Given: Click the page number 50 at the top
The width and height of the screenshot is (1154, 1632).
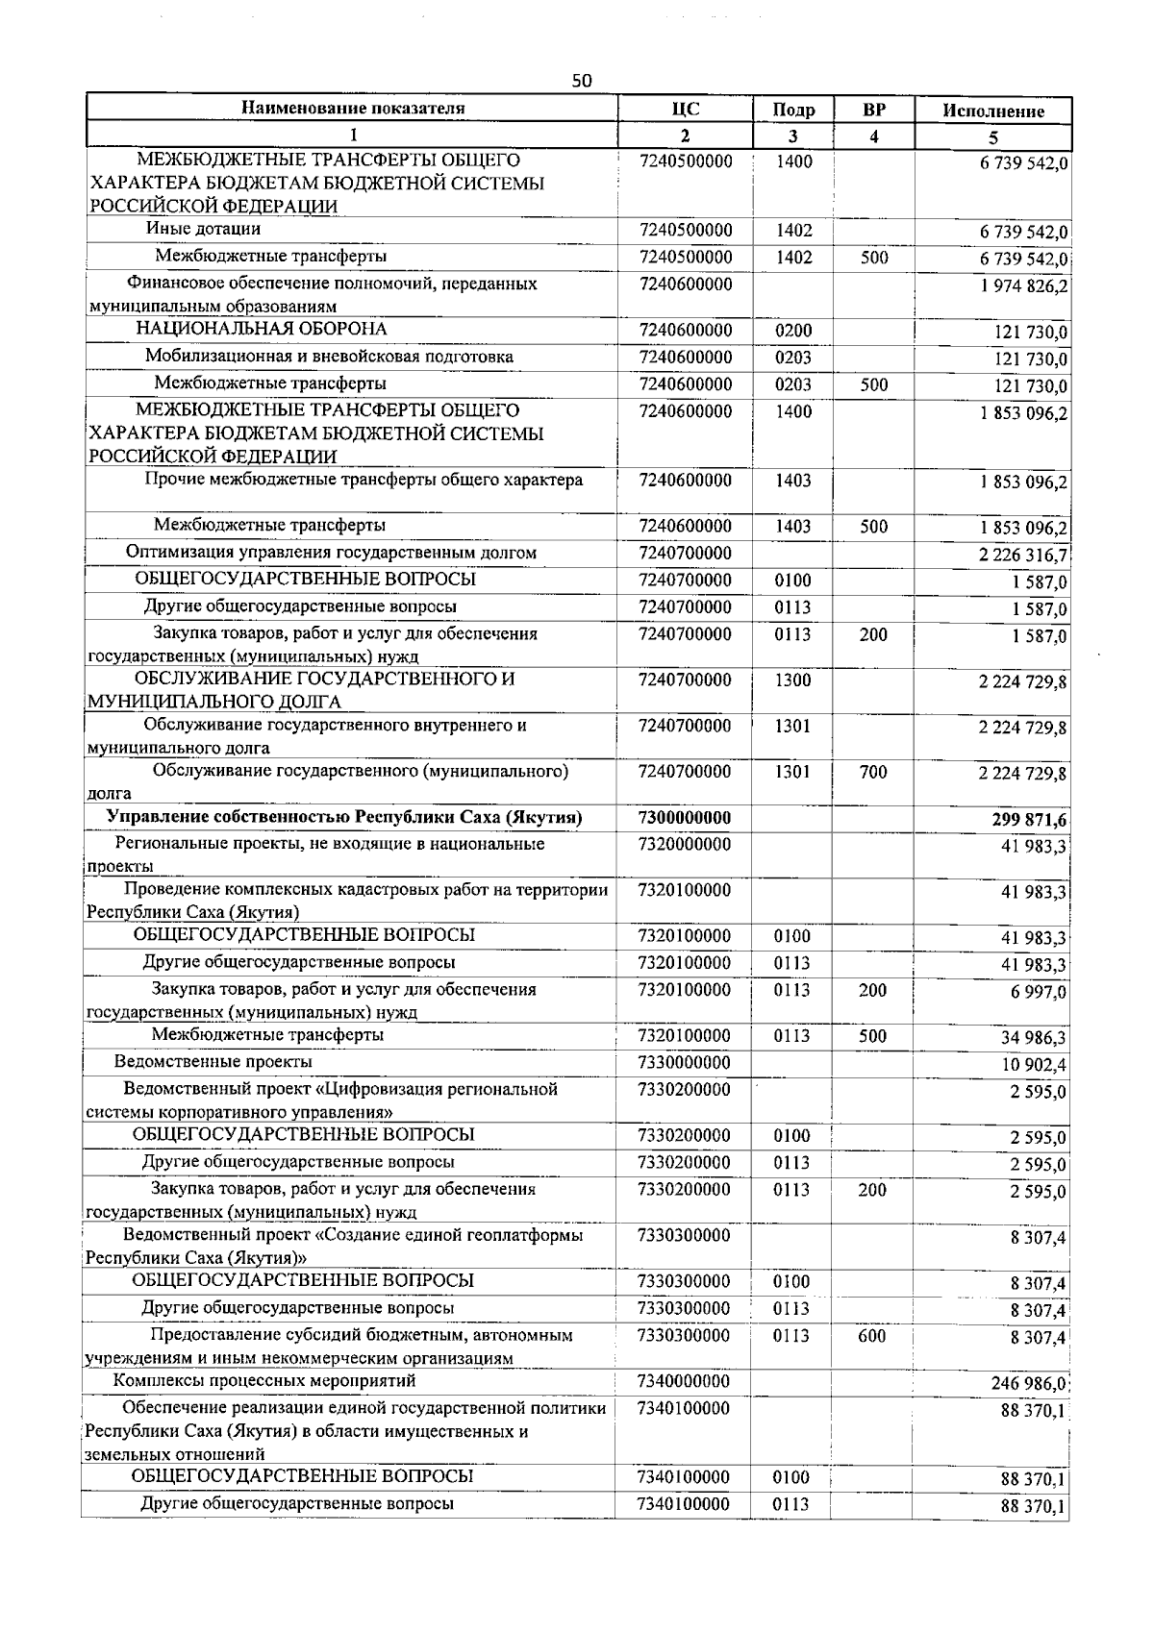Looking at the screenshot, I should (x=582, y=81).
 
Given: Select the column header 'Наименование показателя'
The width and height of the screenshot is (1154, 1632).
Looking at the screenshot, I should (x=352, y=108).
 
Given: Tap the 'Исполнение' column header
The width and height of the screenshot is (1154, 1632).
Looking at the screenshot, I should (x=992, y=111).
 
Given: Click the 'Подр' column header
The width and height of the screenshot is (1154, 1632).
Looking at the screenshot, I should (x=793, y=111).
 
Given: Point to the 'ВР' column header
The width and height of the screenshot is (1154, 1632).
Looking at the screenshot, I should (x=873, y=109).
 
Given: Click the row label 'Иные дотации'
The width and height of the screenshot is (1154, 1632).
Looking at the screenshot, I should (x=203, y=229).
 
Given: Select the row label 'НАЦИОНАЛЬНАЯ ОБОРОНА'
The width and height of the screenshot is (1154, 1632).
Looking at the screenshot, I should (x=261, y=329).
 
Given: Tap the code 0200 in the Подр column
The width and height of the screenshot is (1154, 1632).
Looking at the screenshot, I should (x=793, y=331).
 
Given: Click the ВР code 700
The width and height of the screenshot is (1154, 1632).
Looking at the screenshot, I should (x=873, y=772).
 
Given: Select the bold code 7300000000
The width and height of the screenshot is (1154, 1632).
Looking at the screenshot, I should (x=684, y=818).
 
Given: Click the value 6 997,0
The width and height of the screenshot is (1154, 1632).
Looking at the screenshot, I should (x=1038, y=992).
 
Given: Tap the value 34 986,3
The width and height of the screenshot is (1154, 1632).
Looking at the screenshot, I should (x=1033, y=1038).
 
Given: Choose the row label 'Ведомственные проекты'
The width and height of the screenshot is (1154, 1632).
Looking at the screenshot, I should (x=213, y=1062).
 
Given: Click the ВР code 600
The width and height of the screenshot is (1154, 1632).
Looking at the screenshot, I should (x=872, y=1336).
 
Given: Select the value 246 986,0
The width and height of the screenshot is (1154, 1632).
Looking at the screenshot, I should (x=1028, y=1384).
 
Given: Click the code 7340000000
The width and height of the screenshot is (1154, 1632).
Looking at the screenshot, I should (x=683, y=1382).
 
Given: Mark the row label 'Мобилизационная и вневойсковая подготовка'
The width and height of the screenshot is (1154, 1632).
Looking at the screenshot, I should (x=329, y=357).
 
